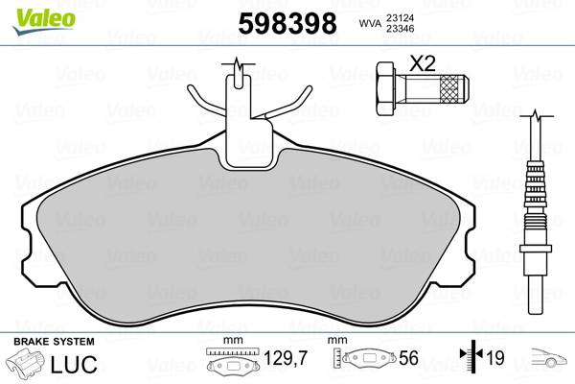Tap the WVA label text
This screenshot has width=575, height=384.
367,23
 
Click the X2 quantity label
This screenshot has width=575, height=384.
423,64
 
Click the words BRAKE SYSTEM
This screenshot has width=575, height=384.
54,342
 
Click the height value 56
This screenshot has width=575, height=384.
409,359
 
